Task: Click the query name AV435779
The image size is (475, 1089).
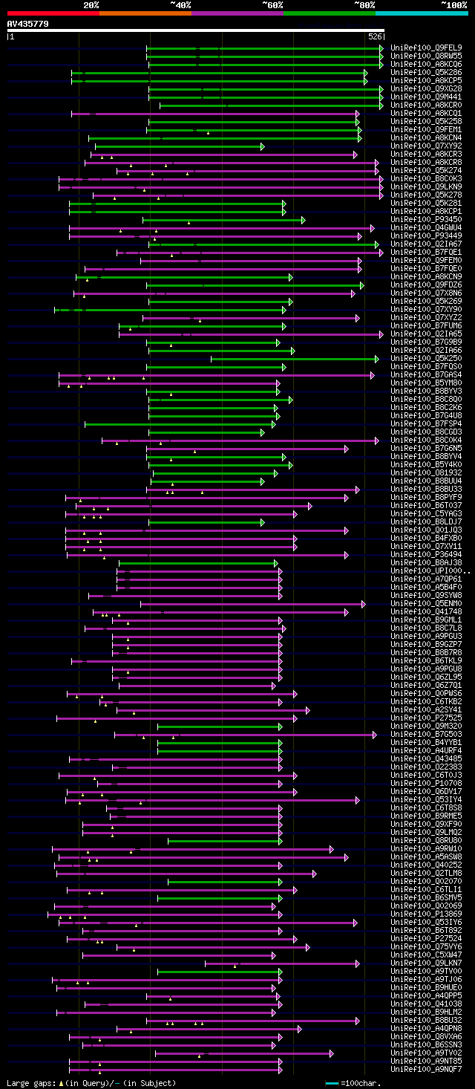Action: [x=27, y=24]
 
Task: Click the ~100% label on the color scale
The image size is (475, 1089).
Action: [x=453, y=4]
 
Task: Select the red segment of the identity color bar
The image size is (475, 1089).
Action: [x=53, y=13]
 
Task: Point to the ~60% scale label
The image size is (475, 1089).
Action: [x=272, y=4]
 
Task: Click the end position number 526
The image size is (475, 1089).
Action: [x=375, y=36]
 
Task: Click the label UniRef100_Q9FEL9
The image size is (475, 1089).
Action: [x=426, y=48]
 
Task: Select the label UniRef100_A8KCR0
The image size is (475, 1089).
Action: [x=426, y=105]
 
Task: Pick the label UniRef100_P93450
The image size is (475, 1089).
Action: [x=426, y=220]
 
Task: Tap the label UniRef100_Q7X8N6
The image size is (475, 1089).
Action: [x=426, y=293]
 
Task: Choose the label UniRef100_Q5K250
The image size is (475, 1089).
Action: [x=426, y=359]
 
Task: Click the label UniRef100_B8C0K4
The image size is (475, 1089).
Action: [x=426, y=441]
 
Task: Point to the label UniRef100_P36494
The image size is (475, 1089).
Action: [x=426, y=555]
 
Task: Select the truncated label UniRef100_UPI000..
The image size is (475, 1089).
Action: [x=426, y=571]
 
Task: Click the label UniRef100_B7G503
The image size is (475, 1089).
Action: [x=426, y=735]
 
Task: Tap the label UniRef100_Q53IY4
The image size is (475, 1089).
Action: [x=426, y=800]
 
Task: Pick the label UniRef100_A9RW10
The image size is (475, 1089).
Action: [x=426, y=849]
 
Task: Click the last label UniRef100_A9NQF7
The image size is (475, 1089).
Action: [x=426, y=1070]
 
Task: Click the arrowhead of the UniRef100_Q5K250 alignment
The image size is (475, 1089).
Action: [x=379, y=359]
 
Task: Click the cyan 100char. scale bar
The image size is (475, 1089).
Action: [x=332, y=1083]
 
